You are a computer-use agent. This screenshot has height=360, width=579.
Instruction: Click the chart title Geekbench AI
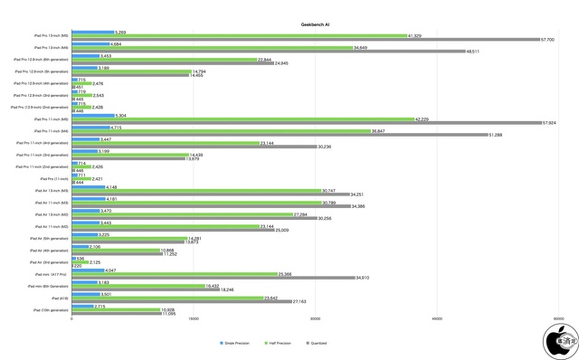tap(315, 25)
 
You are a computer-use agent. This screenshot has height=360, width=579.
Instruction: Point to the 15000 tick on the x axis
tap(193, 318)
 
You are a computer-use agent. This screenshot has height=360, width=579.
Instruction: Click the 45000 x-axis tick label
tap(437, 318)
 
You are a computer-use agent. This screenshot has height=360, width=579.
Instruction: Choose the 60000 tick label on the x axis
tap(559, 318)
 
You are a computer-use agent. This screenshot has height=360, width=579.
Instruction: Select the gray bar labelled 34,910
tap(213, 278)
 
